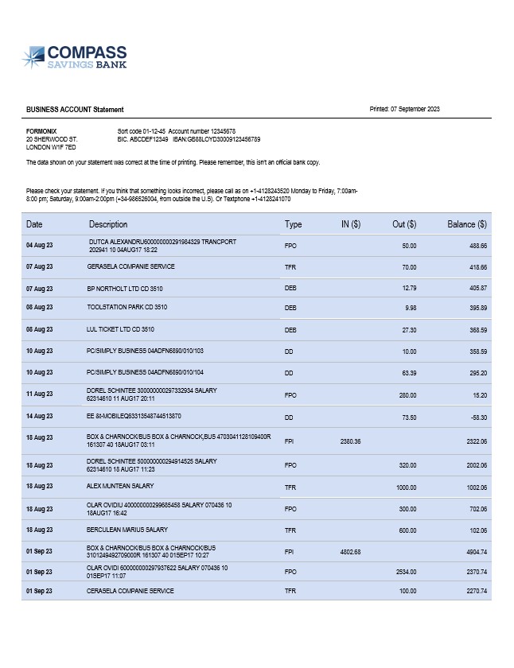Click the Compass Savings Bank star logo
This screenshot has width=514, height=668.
[33, 57]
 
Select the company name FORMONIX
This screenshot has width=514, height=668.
[41, 131]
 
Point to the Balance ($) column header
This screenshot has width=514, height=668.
[466, 225]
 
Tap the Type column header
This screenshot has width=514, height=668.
[293, 225]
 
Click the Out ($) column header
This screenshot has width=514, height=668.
[404, 225]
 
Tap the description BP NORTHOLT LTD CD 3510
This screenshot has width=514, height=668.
[127, 287]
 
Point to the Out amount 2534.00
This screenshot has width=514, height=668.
[405, 572]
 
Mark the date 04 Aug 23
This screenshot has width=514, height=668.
[40, 246]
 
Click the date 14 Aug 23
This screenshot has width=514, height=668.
[40, 416]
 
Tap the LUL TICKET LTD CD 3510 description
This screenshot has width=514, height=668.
[120, 328]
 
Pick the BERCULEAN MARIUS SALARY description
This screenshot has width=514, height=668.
[127, 530]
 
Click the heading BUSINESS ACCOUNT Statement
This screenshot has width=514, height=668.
[75, 110]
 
